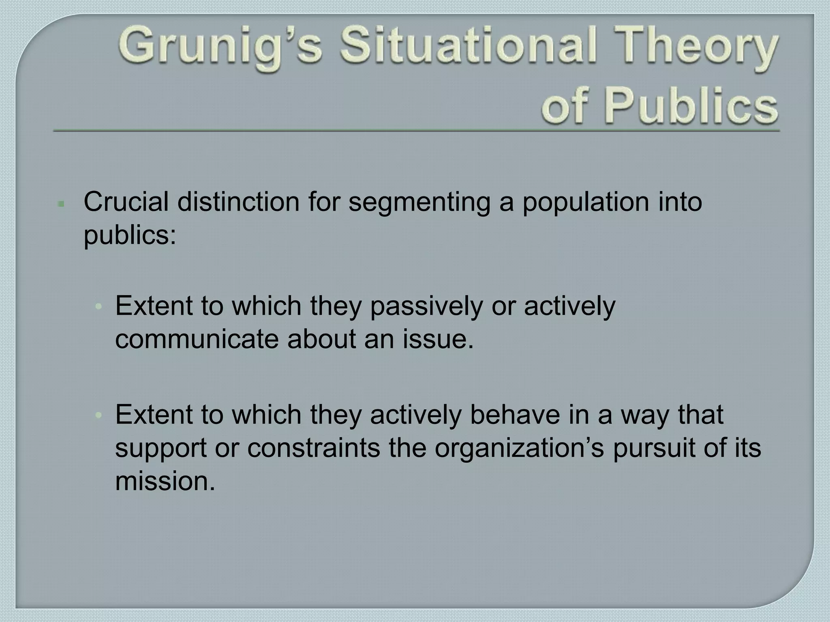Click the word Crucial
click(x=126, y=202)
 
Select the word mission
click(x=165, y=481)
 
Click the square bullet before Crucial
click(x=61, y=204)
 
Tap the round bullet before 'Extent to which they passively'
click(x=98, y=307)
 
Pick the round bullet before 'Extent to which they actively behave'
click(x=98, y=415)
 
